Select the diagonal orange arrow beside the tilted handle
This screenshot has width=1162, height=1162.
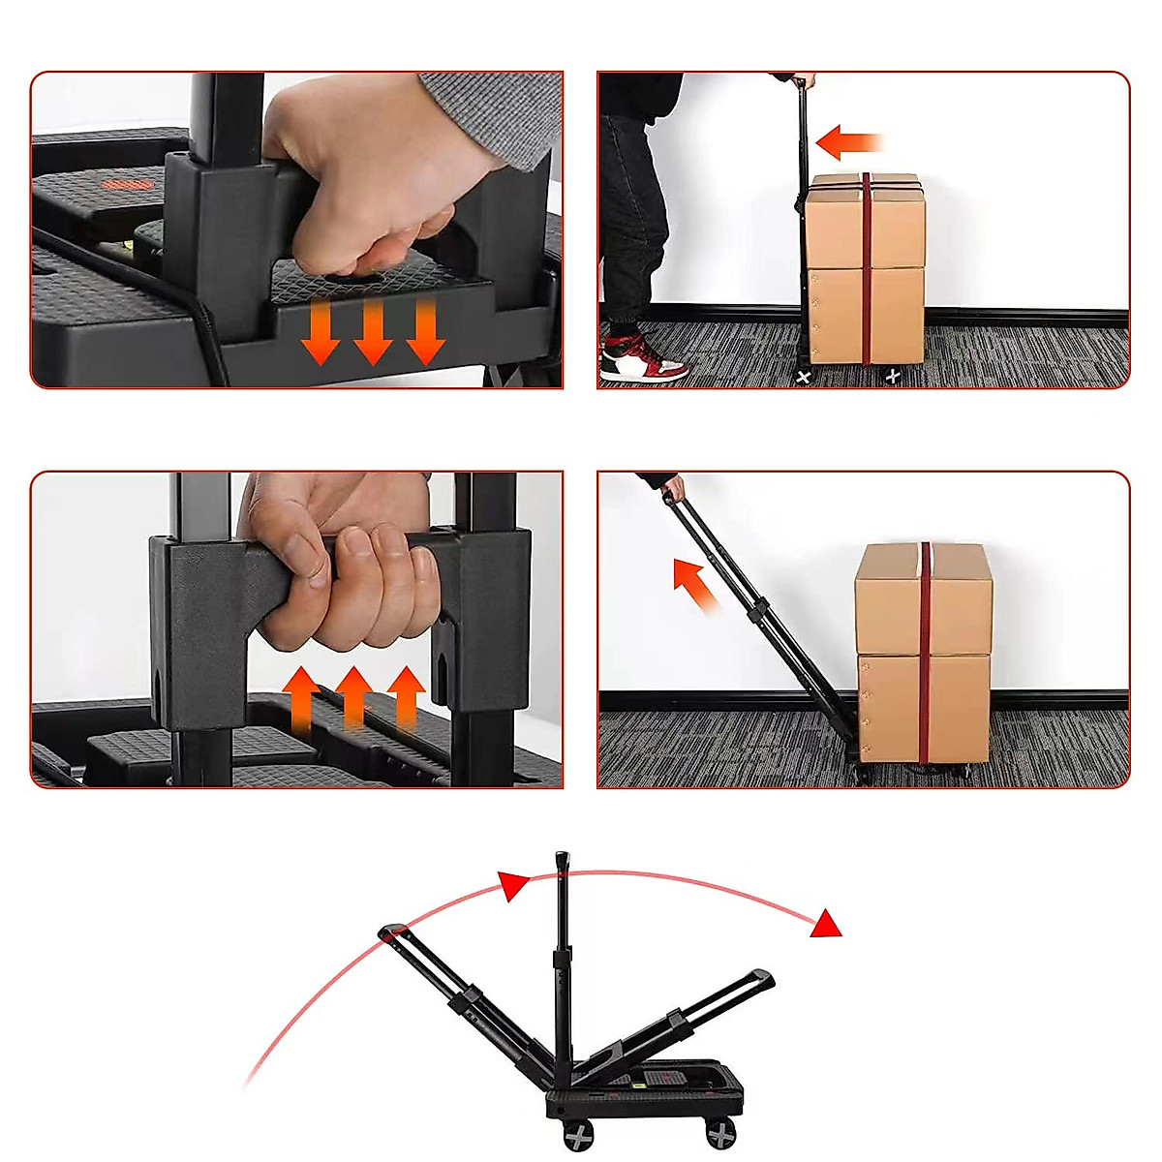point(694,585)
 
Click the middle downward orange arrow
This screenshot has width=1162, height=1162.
point(373,331)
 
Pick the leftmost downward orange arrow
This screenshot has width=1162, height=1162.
point(321,332)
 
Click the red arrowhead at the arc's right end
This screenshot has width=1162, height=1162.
point(826,924)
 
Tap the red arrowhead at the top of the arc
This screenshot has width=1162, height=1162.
point(513,885)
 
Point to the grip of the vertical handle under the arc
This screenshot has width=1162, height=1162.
point(562,864)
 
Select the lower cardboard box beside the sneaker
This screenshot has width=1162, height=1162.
point(866,316)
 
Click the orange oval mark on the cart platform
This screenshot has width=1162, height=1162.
point(120,184)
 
